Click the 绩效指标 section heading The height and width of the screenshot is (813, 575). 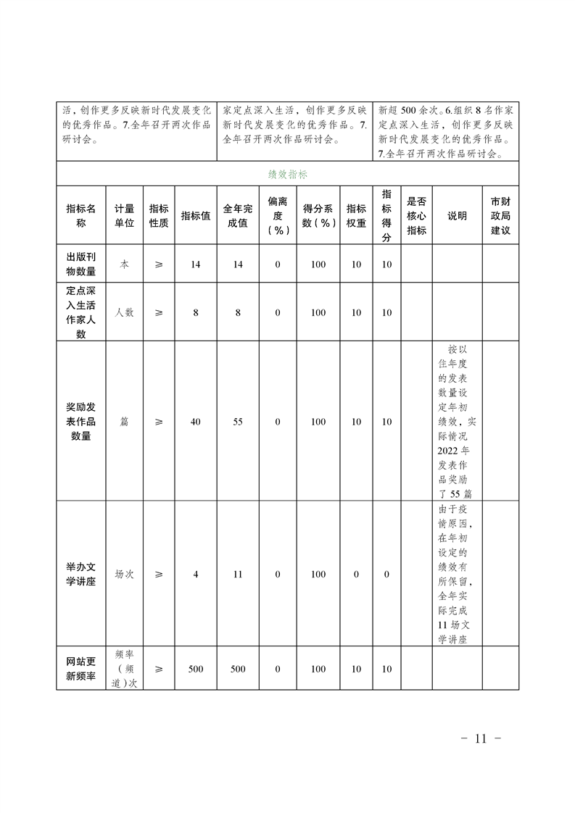287,175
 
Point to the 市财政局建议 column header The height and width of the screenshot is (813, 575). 500,215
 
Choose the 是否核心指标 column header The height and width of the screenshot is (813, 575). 416,215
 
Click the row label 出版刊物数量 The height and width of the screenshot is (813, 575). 80,264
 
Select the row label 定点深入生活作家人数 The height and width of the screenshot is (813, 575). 80,312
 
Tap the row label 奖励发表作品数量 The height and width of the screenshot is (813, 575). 80,422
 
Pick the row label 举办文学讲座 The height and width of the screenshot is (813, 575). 80,574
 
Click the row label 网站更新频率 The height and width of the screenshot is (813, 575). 80,669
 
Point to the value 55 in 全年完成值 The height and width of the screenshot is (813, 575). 238,422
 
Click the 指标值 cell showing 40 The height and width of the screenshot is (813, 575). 196,422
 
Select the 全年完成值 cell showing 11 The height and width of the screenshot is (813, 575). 238,574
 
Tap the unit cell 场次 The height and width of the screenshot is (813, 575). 124,574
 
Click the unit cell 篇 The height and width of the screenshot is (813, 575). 124,422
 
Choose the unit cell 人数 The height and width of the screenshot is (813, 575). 124,312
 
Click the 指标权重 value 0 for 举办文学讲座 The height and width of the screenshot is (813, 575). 356,574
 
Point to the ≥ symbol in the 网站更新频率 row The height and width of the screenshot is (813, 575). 159,669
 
